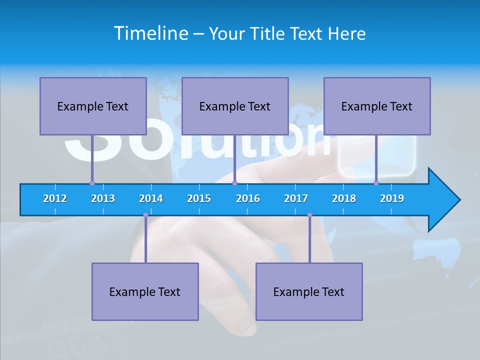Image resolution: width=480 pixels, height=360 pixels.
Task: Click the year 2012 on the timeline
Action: coord(55,198)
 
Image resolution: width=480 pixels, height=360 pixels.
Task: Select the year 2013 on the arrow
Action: coord(103,198)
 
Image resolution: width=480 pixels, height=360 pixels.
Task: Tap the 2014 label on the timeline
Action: coord(151,198)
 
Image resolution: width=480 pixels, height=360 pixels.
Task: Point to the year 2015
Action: coord(199,198)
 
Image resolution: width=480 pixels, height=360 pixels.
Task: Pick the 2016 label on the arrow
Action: coord(248,198)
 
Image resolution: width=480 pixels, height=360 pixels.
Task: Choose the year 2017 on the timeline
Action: coord(296,198)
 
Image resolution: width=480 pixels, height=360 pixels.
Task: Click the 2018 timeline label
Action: coord(344,198)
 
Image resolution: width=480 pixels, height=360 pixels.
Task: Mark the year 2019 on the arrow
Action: coord(392,198)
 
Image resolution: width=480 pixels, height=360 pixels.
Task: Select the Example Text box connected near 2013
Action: coord(93,106)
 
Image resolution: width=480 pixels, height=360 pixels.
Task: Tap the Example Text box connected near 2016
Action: coord(235,106)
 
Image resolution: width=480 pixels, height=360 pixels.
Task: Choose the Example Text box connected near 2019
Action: coord(377,106)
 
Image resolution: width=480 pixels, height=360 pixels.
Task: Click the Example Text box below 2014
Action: coord(145,291)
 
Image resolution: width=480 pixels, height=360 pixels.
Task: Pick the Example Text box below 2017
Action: coord(309,291)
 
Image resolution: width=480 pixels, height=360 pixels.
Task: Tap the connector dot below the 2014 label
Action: coord(145,215)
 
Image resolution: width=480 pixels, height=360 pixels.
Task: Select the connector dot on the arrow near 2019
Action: coord(376,183)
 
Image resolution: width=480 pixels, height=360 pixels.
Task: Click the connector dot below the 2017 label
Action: coord(309,215)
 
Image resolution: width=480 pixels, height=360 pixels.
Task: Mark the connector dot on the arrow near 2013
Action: coord(92,183)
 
